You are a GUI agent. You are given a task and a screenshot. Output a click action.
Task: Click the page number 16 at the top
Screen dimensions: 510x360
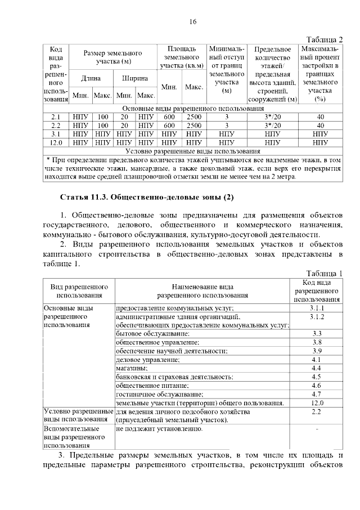(x=193, y=21)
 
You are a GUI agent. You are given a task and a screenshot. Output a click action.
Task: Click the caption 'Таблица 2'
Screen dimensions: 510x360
(x=324, y=39)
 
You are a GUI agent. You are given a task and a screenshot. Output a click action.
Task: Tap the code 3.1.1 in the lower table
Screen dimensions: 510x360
(x=317, y=308)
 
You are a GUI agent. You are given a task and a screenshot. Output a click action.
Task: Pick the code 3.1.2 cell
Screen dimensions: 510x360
(x=317, y=317)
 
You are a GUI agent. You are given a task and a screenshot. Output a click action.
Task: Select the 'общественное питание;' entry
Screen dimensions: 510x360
(x=152, y=386)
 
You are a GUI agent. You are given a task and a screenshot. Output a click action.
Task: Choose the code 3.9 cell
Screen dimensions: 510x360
(x=316, y=351)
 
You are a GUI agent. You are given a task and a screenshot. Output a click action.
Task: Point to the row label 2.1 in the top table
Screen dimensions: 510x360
(x=56, y=117)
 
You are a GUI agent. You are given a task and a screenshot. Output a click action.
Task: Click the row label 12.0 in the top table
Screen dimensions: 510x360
(x=56, y=143)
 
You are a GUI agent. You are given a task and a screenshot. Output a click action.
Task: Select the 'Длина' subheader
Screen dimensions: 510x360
(x=91, y=78)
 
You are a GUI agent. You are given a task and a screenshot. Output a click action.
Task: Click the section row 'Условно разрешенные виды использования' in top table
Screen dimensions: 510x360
(x=193, y=151)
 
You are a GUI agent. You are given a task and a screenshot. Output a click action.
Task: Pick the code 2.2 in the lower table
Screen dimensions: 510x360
(x=316, y=412)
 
